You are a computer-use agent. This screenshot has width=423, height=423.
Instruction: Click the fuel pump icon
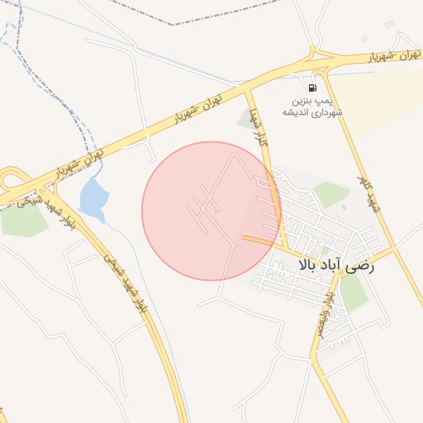(x=311, y=88)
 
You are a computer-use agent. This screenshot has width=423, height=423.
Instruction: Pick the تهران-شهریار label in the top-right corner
(x=385, y=55)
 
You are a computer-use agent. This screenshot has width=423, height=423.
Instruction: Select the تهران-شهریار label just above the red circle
(x=199, y=107)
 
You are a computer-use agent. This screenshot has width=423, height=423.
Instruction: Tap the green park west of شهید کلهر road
(x=331, y=194)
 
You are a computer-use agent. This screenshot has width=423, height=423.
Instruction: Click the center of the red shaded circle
(x=211, y=211)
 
